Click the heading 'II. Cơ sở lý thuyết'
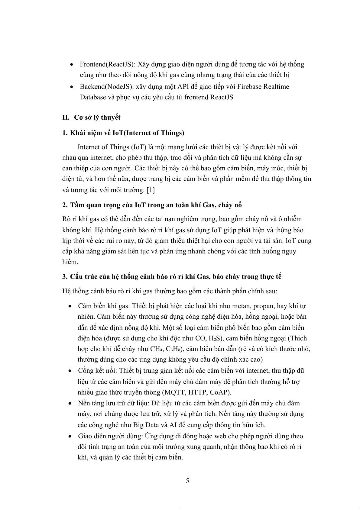(x=91, y=118)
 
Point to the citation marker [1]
(x=150, y=190)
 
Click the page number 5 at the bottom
(x=187, y=481)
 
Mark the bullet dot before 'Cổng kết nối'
(x=70, y=371)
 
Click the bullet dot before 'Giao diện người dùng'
(x=70, y=437)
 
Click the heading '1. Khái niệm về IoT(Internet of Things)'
(x=123, y=133)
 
